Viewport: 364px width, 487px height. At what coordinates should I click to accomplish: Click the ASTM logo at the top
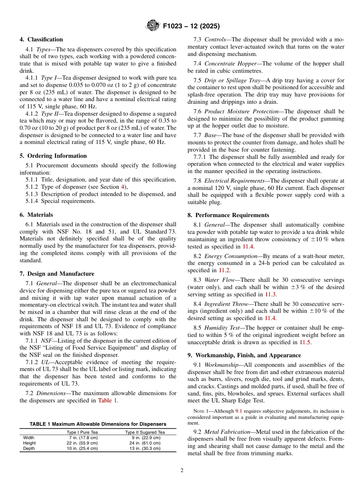[153, 26]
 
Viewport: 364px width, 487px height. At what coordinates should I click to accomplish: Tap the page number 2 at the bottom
[182, 471]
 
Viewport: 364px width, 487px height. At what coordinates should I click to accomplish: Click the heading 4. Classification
[41, 39]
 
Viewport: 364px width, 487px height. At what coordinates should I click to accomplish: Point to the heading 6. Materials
[36, 215]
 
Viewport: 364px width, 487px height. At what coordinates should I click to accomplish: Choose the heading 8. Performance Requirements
[228, 215]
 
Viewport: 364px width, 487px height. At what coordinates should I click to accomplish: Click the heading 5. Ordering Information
[53, 156]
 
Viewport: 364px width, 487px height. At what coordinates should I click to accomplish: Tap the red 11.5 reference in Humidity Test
[305, 342]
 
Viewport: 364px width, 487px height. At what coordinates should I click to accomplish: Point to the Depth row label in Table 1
[29, 448]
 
